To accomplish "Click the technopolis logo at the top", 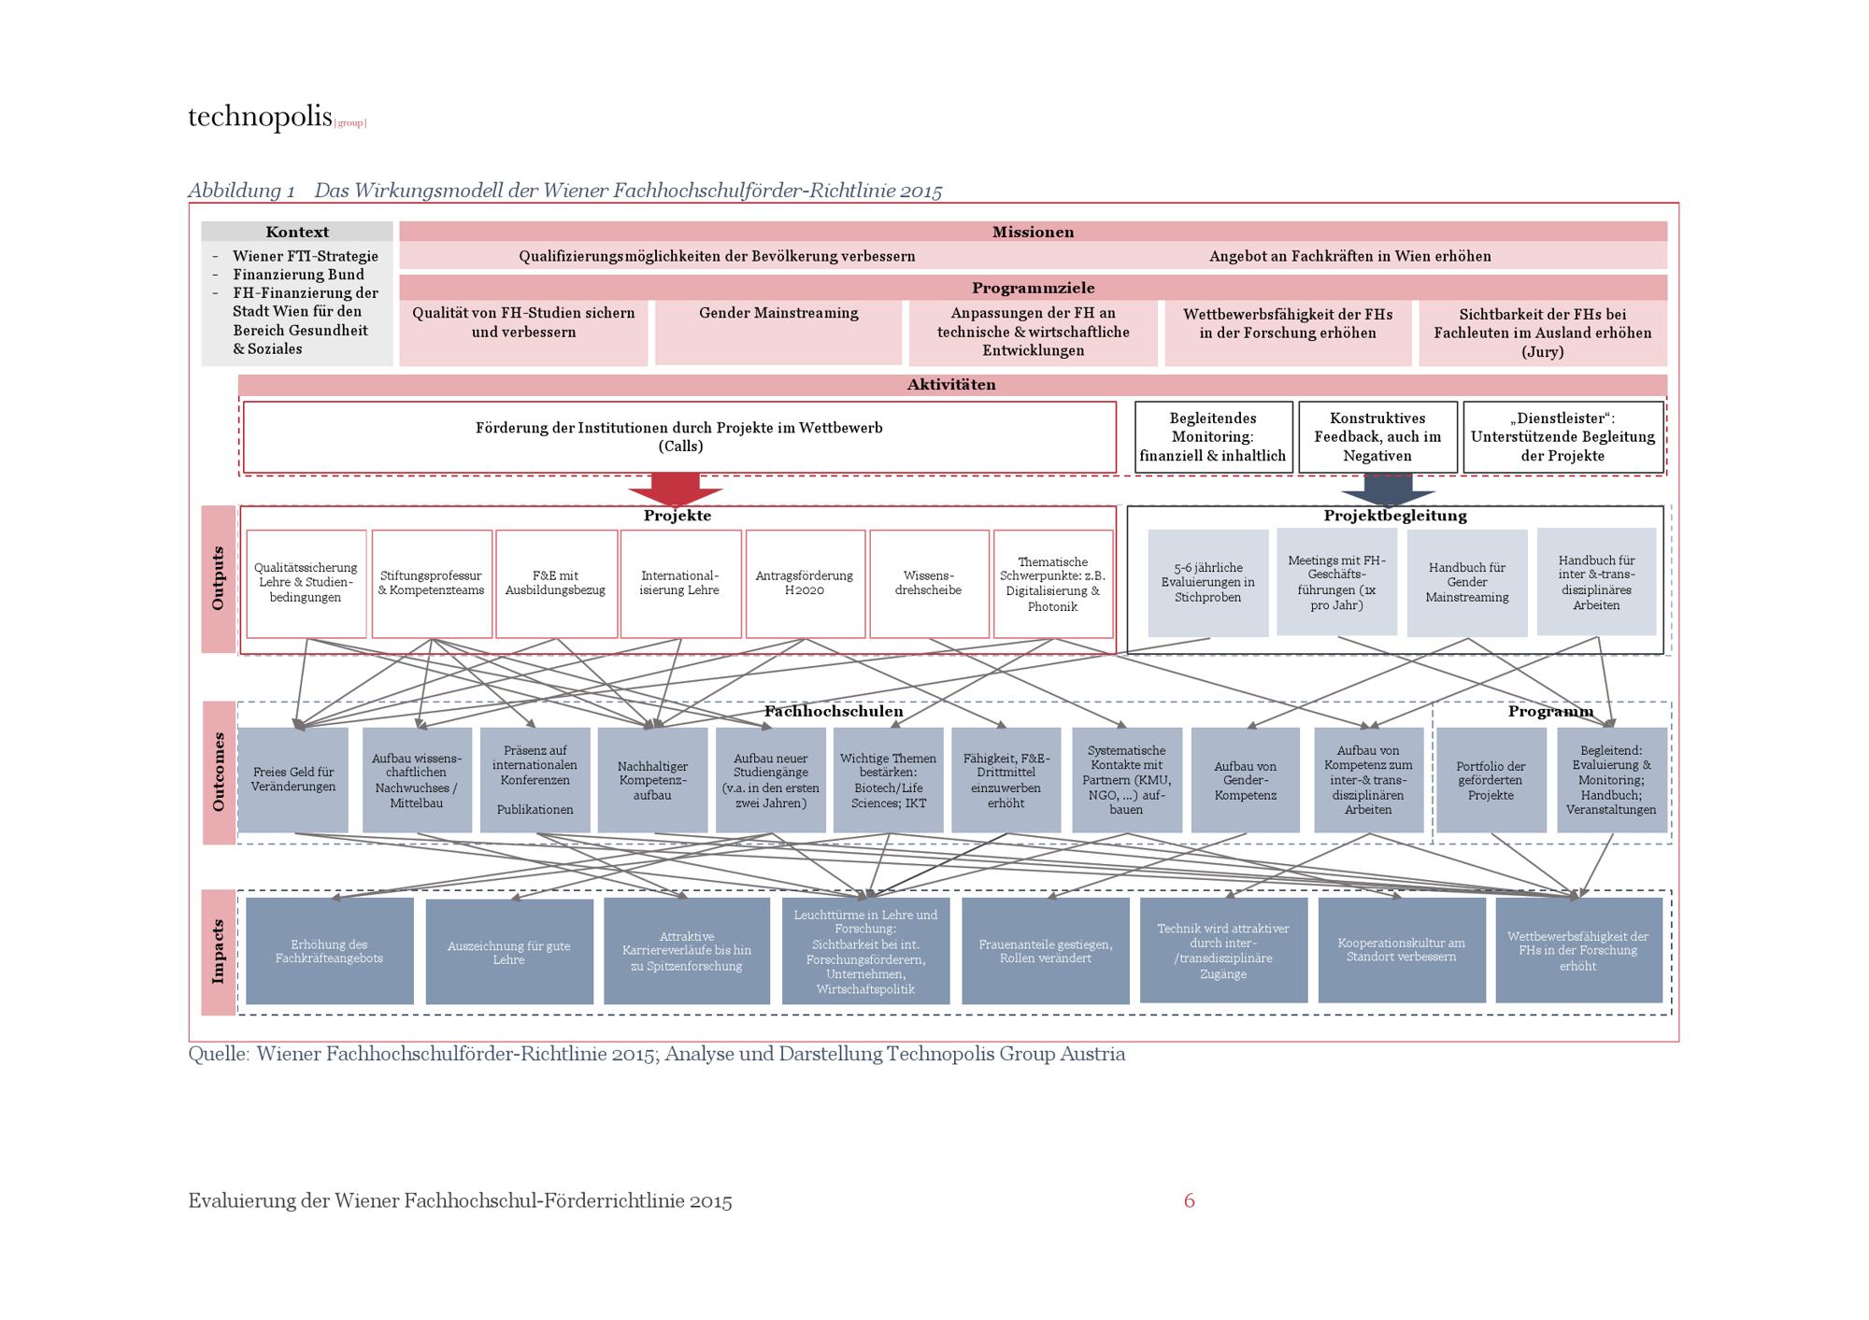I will coord(277,118).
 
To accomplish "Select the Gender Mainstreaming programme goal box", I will coord(778,332).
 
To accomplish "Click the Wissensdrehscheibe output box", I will coord(929,583).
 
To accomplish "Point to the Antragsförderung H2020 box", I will coord(805,583).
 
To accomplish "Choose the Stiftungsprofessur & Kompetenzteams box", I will coord(432,583).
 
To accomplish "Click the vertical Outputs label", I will coord(219,579).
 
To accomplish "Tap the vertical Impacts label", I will coord(219,952).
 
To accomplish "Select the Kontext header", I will coord(297,232).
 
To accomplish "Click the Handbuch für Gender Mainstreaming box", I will coord(1467,583).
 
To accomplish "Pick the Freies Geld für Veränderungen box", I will coord(293,779).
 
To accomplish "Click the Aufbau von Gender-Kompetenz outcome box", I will coord(1246,780).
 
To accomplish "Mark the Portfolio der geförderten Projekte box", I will coord(1491,780).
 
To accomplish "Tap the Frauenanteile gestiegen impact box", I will coord(1046,951).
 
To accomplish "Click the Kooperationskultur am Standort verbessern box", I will coord(1402,950).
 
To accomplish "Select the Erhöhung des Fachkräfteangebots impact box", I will coord(330,951).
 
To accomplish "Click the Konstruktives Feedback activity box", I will coord(1377,437).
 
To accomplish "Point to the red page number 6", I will coord(1189,1200).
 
